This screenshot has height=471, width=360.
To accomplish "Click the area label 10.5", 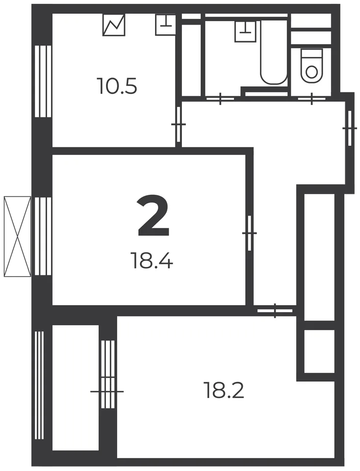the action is click(x=117, y=86).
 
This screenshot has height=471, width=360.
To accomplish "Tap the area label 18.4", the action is click(x=152, y=260).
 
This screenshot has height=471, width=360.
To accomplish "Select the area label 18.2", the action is click(x=224, y=390).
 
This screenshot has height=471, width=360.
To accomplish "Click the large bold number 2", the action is click(x=154, y=216).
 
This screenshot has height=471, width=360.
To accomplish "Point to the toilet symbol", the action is click(x=311, y=66).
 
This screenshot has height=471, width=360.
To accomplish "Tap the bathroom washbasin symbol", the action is click(x=246, y=31).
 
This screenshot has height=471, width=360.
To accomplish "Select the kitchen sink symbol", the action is click(x=165, y=25).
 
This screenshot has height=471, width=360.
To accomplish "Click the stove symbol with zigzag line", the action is click(x=114, y=25).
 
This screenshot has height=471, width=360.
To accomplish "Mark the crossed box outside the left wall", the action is click(x=18, y=236).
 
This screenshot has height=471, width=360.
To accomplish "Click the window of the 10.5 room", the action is click(x=43, y=81).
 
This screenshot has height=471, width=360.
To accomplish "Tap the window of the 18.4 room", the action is click(x=43, y=236).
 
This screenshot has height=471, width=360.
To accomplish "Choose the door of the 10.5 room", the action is click(x=179, y=124).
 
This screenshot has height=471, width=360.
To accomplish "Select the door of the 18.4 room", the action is click(x=250, y=233).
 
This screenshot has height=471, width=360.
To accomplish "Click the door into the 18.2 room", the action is click(x=275, y=311).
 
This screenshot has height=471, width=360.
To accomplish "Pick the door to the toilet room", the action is click(x=311, y=98).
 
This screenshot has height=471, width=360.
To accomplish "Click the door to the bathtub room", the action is click(x=220, y=98).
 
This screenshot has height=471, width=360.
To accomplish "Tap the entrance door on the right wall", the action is click(x=350, y=128).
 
